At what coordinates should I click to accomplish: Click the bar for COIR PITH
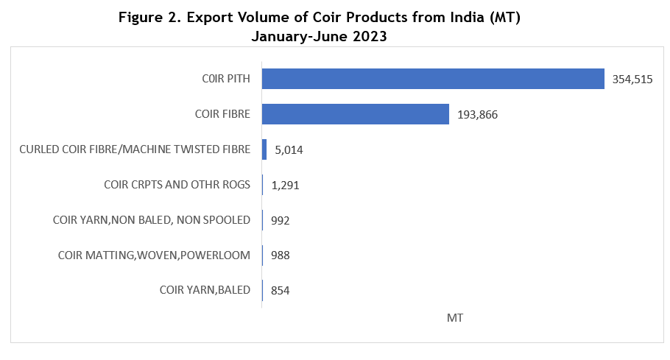[433, 79]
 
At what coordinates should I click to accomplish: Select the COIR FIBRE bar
[355, 114]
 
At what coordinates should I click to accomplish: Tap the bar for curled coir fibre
[264, 149]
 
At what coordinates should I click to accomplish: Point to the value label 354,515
[632, 80]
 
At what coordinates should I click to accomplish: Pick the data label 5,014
[289, 150]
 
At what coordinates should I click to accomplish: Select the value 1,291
[285, 185]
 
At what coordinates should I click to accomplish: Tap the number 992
[281, 220]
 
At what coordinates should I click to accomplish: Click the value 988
[281, 255]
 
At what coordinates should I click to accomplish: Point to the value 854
[281, 291]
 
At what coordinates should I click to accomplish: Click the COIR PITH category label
[226, 79]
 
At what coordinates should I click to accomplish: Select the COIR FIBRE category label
[222, 114]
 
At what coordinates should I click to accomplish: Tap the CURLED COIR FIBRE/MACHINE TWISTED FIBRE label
[135, 149]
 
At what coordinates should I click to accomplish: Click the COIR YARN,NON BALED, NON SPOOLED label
[152, 219]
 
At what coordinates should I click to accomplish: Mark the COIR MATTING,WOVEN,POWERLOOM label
[154, 255]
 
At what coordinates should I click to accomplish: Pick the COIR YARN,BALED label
[205, 290]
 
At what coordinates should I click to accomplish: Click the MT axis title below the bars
[454, 317]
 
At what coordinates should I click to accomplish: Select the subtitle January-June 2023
[319, 35]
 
